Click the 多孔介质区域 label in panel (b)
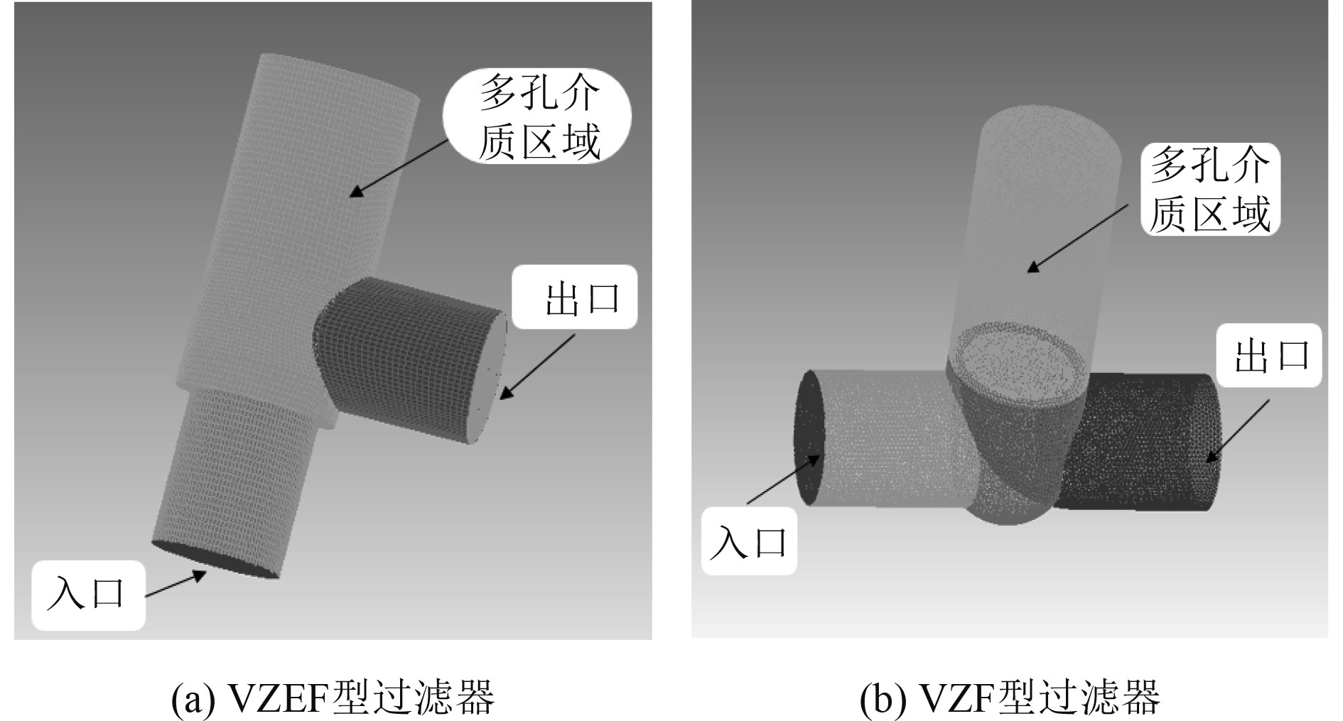[x=1209, y=190]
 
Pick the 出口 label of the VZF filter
[x=1269, y=355]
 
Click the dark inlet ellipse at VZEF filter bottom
[x=213, y=561]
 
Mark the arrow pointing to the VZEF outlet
[x=539, y=367]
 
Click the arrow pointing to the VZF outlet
[x=1236, y=430]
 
